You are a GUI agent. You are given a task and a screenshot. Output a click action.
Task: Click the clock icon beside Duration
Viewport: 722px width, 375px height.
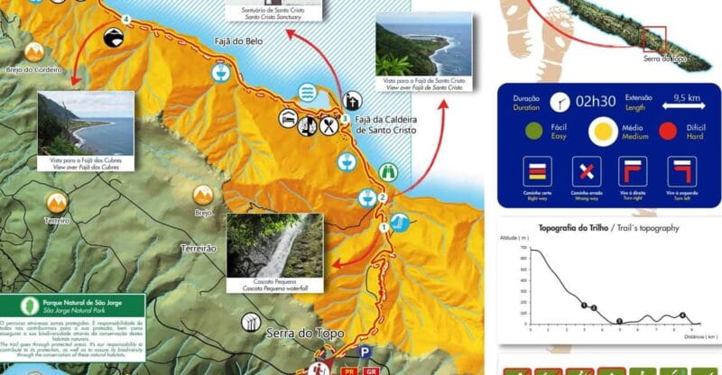tap(560, 101)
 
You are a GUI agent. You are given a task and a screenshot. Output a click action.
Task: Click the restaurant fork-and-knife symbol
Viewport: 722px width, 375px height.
tap(328, 126)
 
